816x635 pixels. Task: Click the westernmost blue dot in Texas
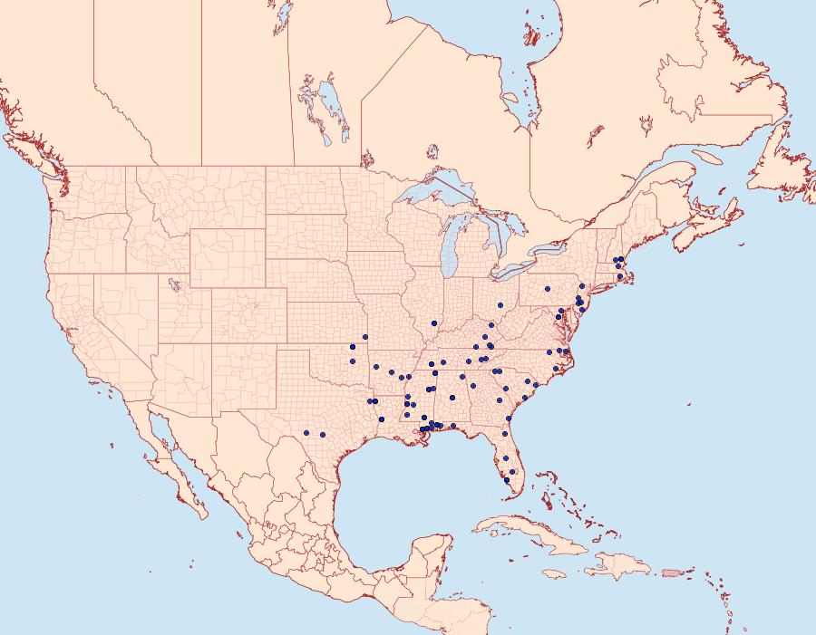click(x=307, y=433)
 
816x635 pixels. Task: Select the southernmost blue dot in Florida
click(x=507, y=480)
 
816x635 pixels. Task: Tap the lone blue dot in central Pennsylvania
click(x=548, y=290)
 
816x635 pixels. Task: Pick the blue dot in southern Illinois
click(x=434, y=323)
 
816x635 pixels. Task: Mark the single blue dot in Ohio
click(x=500, y=306)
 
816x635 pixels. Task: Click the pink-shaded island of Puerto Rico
click(x=672, y=572)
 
